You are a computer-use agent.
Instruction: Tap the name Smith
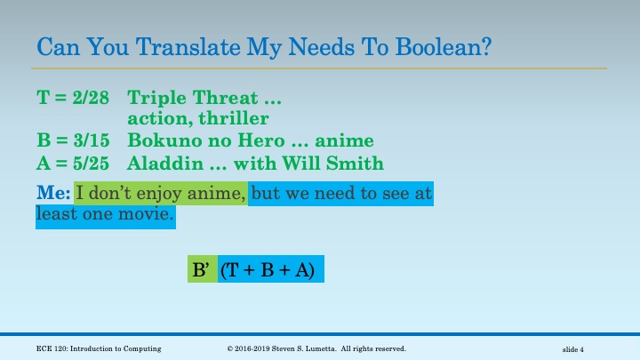click(357, 163)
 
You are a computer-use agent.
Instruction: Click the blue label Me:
click(53, 191)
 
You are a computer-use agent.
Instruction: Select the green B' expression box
click(202, 269)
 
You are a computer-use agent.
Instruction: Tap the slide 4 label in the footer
click(579, 348)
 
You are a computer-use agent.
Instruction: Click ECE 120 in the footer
click(54, 348)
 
